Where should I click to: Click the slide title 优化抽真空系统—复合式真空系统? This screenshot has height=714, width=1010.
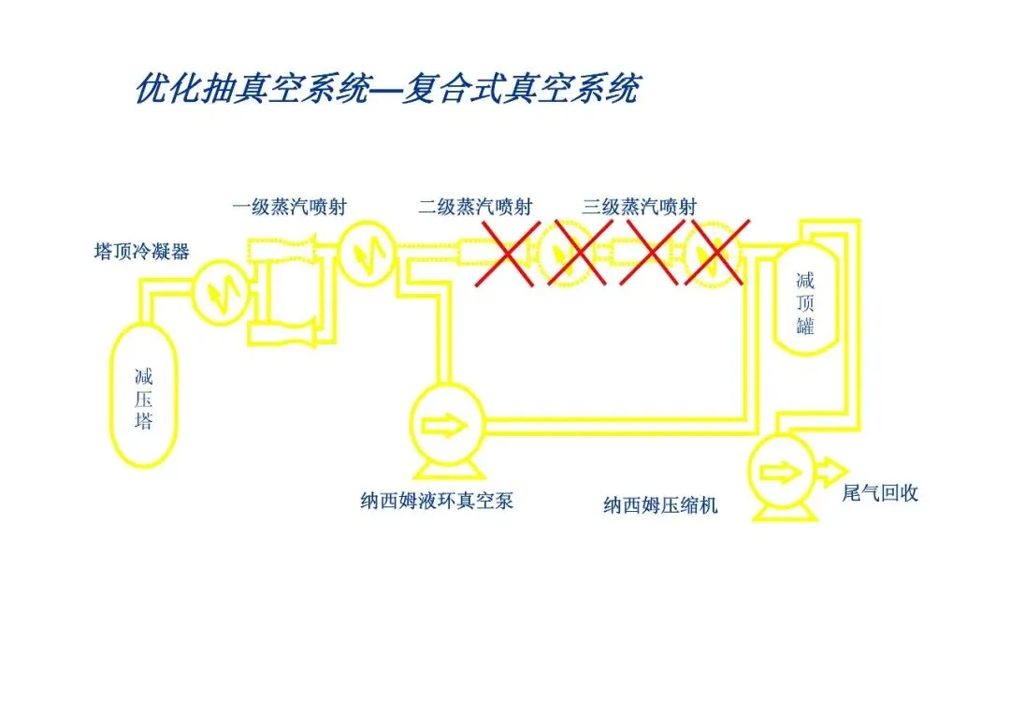click(387, 89)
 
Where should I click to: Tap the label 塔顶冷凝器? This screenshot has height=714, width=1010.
click(142, 251)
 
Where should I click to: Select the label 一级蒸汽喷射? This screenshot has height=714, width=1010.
click(289, 207)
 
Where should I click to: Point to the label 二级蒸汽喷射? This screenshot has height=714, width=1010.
click(475, 207)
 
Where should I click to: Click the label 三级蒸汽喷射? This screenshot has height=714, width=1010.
click(639, 207)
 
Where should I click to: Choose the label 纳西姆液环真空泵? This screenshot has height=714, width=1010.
click(437, 501)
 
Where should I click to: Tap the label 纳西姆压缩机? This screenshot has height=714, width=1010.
click(660, 505)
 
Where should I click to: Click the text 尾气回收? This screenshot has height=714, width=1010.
click(880, 492)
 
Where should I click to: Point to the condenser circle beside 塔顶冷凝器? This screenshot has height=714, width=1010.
click(221, 291)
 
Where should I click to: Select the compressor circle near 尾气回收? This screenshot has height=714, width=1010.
click(779, 473)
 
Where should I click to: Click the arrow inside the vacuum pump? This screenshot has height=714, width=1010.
click(446, 425)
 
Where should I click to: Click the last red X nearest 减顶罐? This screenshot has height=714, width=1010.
click(718, 253)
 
